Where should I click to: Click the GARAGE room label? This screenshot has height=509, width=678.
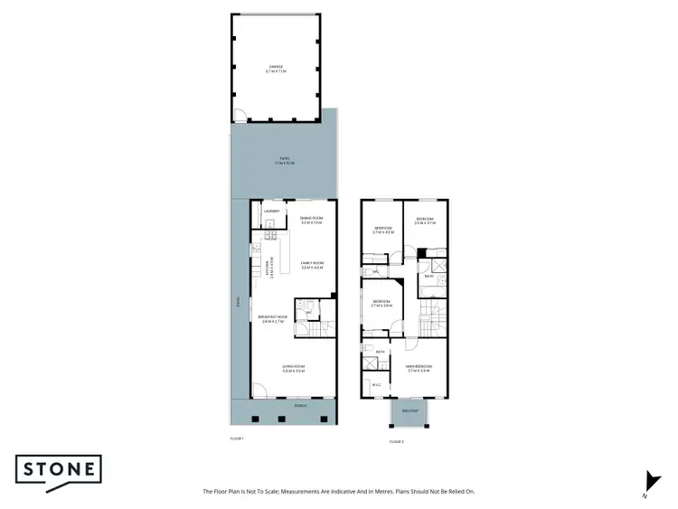click(x=276, y=68)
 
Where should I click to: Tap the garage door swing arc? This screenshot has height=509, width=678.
click(x=240, y=115)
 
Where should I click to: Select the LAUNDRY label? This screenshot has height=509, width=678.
click(x=271, y=211)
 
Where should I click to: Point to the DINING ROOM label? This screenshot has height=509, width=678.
click(x=311, y=218)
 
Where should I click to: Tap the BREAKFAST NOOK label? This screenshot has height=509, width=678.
click(x=273, y=317)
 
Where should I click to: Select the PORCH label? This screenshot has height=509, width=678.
click(x=300, y=406)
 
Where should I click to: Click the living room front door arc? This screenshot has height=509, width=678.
click(x=259, y=391)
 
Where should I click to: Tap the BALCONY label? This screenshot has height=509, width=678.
click(x=410, y=410)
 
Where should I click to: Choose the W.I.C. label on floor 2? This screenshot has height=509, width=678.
click(x=376, y=384)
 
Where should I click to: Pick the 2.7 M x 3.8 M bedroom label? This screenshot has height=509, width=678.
click(x=381, y=302)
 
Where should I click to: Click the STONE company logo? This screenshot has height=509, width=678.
click(x=58, y=472)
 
